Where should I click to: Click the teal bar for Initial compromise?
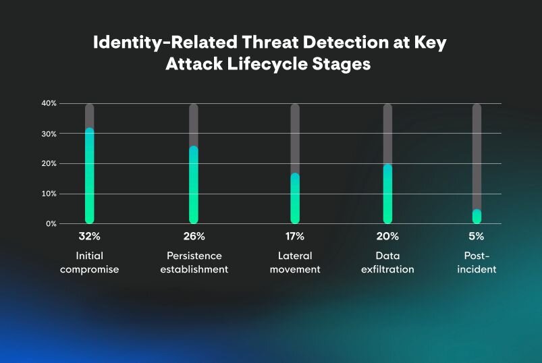tap(90, 176)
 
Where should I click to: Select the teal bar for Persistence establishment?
tap(194, 185)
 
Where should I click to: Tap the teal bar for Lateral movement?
tap(295, 198)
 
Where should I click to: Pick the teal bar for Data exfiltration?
tap(388, 194)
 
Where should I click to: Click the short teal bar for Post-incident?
tap(477, 216)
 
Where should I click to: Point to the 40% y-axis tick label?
tap(49, 103)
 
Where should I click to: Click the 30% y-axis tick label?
tap(49, 134)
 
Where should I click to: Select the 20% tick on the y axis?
tap(49, 164)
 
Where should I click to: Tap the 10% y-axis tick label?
tap(49, 194)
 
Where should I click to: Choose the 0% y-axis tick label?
tap(51, 224)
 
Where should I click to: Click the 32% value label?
tap(90, 236)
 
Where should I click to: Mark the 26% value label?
tap(194, 236)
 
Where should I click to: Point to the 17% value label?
tap(295, 236)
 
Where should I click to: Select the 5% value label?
tap(477, 236)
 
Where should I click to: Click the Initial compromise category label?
tap(90, 262)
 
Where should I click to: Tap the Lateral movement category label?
tap(295, 262)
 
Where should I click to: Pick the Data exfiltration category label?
tap(388, 262)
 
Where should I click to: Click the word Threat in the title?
tap(270, 42)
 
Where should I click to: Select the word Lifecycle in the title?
tap(267, 65)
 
